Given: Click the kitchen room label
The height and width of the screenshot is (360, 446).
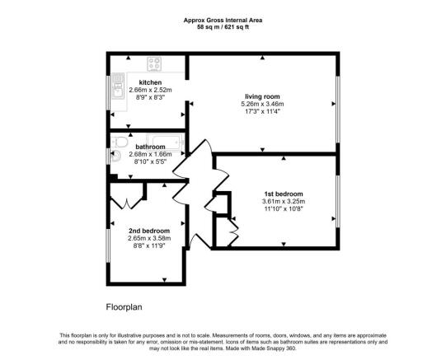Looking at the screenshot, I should coord(150,83).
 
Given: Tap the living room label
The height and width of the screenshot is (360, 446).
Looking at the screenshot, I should coord(261,96).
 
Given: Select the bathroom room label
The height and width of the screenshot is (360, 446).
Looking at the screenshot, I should coord(150,147).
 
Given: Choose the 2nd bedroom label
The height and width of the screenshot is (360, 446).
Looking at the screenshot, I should coord(149,231).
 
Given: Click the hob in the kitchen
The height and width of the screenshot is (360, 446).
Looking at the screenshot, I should coord(156,63).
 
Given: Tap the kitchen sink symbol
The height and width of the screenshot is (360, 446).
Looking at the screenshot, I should coord(119,89).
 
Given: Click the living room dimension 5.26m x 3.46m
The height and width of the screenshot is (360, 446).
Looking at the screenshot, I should coord(261,105).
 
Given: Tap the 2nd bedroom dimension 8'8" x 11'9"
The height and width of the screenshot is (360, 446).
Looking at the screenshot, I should coord(149,246).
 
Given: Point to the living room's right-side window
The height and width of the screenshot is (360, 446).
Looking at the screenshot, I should coord(337,105).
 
